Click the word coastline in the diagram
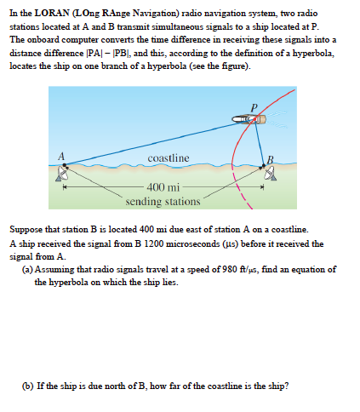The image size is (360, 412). tap(168, 159)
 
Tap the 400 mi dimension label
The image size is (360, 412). tap(162, 188)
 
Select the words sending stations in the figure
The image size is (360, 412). tap(163, 202)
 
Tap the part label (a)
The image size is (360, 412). tap(28, 269)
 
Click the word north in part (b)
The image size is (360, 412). tap(113, 385)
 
